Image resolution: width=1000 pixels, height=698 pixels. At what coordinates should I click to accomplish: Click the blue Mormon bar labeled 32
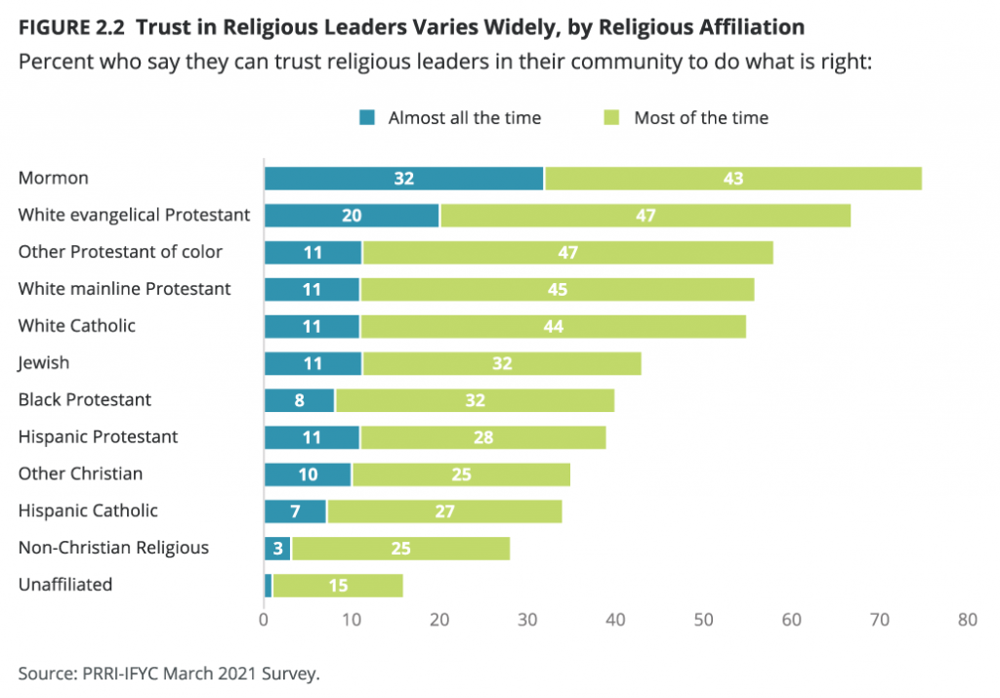404,179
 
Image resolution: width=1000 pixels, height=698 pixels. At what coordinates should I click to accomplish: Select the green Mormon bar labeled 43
733,179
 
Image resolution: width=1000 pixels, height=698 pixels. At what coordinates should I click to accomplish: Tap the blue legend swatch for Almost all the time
367,118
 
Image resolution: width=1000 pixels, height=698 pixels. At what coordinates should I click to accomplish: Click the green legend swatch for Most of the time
612,118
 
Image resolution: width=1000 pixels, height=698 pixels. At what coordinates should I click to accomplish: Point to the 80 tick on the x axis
967,619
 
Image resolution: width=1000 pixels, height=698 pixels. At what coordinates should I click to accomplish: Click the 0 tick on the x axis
264,619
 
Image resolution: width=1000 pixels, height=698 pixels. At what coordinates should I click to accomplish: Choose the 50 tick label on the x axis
703,619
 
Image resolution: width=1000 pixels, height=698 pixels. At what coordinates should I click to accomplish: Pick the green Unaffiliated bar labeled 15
337,586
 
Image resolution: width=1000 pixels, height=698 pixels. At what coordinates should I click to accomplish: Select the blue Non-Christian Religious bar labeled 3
277,549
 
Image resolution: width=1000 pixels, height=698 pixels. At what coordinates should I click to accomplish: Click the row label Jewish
44,363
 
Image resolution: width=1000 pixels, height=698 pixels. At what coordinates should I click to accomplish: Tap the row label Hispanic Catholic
88,512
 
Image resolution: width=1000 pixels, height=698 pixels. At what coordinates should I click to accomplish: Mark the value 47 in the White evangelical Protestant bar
645,216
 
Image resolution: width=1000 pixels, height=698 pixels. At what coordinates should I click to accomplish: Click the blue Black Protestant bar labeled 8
299,400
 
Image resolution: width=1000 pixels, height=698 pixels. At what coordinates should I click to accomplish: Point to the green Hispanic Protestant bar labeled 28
482,437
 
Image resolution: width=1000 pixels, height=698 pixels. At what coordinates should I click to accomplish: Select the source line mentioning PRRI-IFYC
169,674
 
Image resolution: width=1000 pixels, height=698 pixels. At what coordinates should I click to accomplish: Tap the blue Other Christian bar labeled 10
308,474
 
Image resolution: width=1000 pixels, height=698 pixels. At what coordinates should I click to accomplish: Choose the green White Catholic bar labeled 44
553,326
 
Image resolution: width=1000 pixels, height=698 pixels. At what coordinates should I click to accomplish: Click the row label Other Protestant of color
120,252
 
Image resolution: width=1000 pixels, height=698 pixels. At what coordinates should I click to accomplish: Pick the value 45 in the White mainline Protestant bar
557,289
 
